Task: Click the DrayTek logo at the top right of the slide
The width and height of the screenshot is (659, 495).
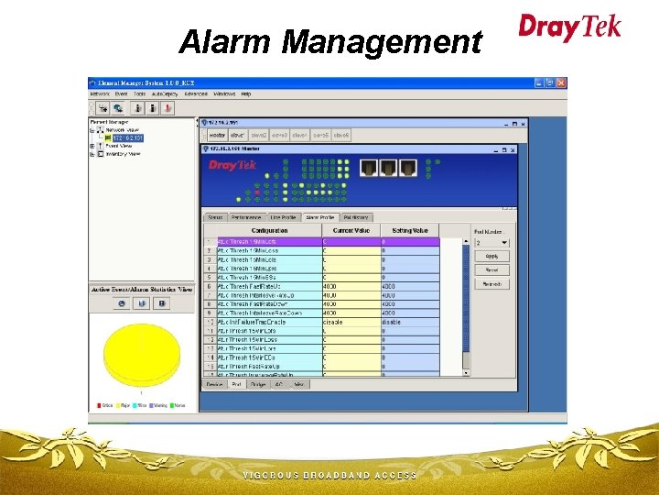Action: [x=569, y=27]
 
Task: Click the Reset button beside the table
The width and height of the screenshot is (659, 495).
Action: [x=492, y=270]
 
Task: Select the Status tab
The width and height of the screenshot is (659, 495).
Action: [x=215, y=217]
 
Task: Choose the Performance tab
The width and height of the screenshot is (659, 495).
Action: [x=246, y=217]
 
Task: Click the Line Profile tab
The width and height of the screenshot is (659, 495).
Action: [x=284, y=217]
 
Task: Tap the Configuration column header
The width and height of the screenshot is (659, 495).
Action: [x=269, y=231]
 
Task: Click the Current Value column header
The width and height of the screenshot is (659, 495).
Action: [x=351, y=231]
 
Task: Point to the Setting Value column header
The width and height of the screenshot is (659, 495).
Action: [x=409, y=231]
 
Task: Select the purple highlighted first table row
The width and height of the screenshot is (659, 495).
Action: [x=269, y=241]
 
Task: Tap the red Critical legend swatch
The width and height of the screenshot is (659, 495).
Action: [x=99, y=403]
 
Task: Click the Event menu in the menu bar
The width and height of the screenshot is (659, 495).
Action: [x=120, y=93]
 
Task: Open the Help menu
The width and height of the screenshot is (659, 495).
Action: [x=245, y=93]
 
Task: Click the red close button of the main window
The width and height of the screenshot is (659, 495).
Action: [x=562, y=82]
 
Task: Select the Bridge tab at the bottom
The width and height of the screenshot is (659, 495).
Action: [x=258, y=384]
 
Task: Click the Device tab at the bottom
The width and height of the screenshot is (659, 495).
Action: [x=214, y=384]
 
